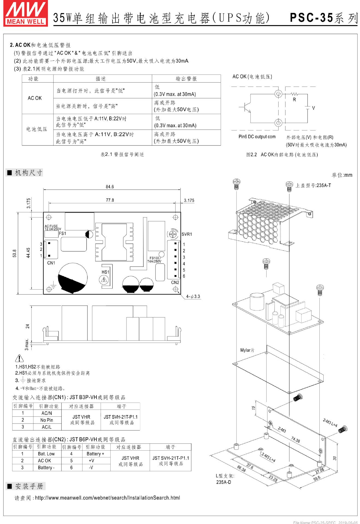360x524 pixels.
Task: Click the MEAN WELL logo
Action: tap(25, 14)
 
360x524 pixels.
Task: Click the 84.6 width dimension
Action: tap(110, 187)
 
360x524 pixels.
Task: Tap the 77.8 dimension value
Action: tap(110, 200)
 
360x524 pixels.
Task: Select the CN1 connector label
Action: tap(51, 263)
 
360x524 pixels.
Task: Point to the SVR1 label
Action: tap(187, 234)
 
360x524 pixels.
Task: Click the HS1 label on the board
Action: tap(105, 272)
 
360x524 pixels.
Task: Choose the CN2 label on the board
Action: tap(175, 282)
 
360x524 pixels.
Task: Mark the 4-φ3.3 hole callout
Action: tap(193, 296)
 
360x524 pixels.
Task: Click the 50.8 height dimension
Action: tap(15, 253)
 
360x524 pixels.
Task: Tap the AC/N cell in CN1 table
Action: tap(47, 413)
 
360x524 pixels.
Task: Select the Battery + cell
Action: tap(95, 454)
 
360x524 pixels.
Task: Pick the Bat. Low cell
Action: tap(46, 454)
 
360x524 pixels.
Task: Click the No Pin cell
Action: tap(47, 420)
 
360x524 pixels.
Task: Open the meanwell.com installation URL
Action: tap(108, 498)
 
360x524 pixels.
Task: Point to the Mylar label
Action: tap(247, 350)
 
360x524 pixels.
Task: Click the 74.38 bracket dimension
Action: tap(296, 439)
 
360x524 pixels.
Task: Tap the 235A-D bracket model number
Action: tap(224, 482)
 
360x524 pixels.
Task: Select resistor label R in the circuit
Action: tap(294, 100)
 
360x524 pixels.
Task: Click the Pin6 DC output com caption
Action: tap(257, 137)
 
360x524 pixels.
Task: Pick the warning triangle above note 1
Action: tap(19, 358)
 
